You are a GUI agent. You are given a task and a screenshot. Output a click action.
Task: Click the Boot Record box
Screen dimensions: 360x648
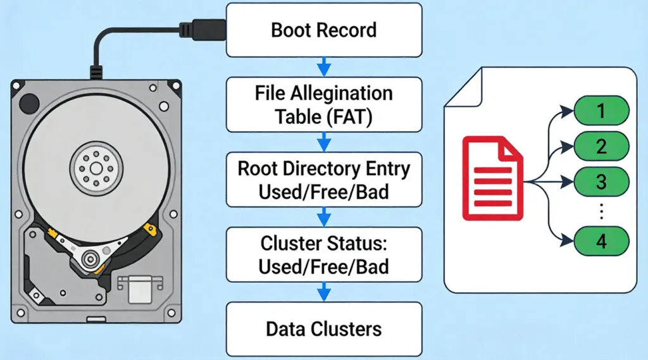[x=323, y=30]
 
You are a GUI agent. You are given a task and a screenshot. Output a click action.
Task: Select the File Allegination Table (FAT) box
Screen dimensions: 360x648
[x=323, y=104]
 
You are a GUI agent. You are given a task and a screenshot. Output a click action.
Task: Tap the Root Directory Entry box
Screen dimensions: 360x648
[x=323, y=180]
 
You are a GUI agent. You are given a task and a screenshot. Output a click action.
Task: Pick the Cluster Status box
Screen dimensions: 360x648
[x=323, y=254]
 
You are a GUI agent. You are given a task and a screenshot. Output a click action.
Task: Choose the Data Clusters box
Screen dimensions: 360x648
[x=323, y=328]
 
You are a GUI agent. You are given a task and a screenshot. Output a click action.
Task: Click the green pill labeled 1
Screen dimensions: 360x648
[x=601, y=112]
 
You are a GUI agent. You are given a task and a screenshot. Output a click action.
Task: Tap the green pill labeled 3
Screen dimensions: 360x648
[x=601, y=183]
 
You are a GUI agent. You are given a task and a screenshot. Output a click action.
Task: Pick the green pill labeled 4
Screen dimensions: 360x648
[x=601, y=242]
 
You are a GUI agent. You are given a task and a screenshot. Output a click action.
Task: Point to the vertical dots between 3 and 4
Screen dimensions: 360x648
[x=601, y=212]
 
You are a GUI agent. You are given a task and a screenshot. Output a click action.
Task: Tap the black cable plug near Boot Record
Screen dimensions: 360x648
[x=201, y=30]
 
